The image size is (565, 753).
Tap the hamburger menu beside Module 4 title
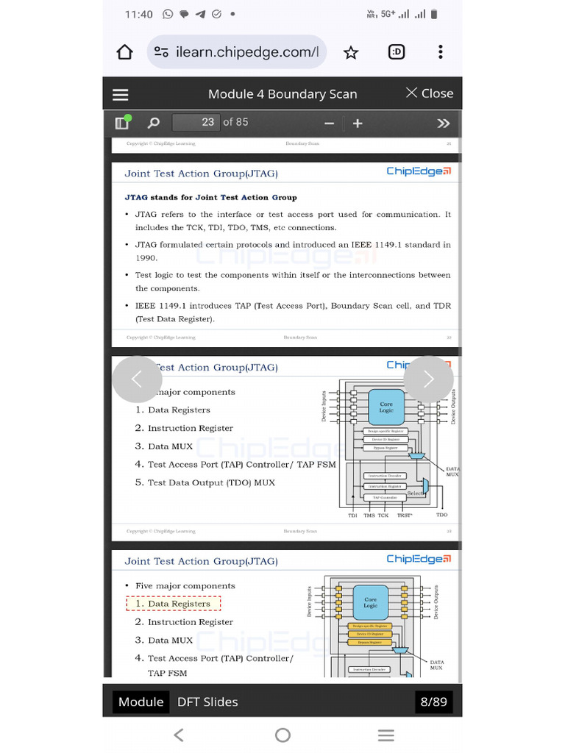121,94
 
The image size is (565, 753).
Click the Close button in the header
430,93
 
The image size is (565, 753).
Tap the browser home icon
125,52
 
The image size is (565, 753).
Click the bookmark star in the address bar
351,52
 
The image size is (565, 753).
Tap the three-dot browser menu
440,52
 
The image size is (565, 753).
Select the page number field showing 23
196,122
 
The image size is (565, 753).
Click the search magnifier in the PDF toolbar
153,123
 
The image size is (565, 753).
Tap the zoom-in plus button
358,123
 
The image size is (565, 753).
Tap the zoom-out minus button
329,123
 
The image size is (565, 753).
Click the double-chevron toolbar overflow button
443,123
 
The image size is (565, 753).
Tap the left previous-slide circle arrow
136,379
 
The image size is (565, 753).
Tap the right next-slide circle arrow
428,379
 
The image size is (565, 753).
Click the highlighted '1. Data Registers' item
174,604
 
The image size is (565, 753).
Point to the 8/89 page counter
433,702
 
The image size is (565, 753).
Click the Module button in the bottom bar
141,702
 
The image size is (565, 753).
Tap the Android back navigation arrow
178,735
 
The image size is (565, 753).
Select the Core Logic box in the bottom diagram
371,602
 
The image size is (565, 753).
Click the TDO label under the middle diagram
441,515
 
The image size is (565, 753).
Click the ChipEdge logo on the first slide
419,171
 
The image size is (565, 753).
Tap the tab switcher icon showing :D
397,52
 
